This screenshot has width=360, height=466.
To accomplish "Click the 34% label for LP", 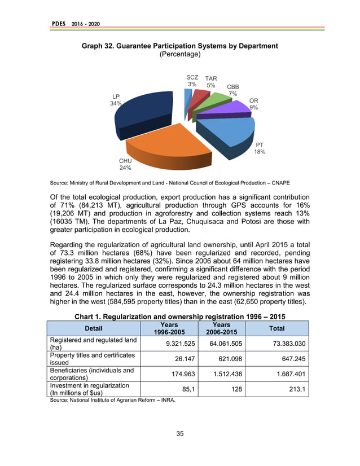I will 116,104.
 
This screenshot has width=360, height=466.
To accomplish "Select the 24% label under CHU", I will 125,168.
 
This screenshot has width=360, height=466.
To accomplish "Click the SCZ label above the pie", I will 192,77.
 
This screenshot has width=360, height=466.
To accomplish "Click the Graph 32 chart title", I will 180,46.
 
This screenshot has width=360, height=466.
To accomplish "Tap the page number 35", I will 180,433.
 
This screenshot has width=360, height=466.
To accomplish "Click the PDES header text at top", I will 59,23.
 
